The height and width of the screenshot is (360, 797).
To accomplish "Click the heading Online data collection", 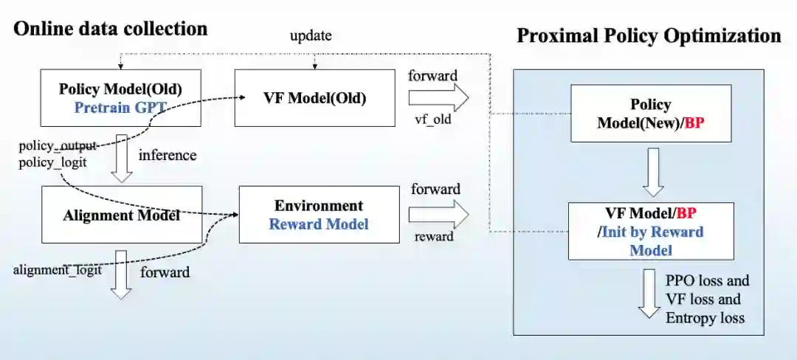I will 111,29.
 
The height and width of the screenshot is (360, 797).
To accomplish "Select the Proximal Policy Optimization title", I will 649,35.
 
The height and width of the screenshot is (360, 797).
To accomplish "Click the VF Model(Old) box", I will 314,97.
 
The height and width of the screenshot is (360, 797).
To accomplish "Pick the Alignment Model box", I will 122,215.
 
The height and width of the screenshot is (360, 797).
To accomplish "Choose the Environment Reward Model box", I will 318,214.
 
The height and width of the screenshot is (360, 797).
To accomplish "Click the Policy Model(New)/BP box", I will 650,113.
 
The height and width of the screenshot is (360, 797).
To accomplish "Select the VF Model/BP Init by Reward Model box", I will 650,231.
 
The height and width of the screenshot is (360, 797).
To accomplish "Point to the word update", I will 311,35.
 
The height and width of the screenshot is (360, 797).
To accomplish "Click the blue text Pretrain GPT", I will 120,107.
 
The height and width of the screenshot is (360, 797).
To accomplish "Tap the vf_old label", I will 434,118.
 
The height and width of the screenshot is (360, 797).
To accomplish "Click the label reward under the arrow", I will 435,236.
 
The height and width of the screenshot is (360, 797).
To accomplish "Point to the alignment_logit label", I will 57,270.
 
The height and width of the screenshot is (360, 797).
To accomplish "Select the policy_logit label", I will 52,162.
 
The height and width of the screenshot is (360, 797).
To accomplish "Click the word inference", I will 168,155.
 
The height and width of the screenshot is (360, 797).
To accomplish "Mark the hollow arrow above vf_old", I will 438,97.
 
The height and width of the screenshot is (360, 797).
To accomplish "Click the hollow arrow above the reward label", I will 438,214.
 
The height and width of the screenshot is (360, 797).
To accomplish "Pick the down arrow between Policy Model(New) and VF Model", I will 649,171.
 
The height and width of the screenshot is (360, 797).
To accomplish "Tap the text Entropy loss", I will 705,318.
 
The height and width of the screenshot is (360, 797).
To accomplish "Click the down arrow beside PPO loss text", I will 649,294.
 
